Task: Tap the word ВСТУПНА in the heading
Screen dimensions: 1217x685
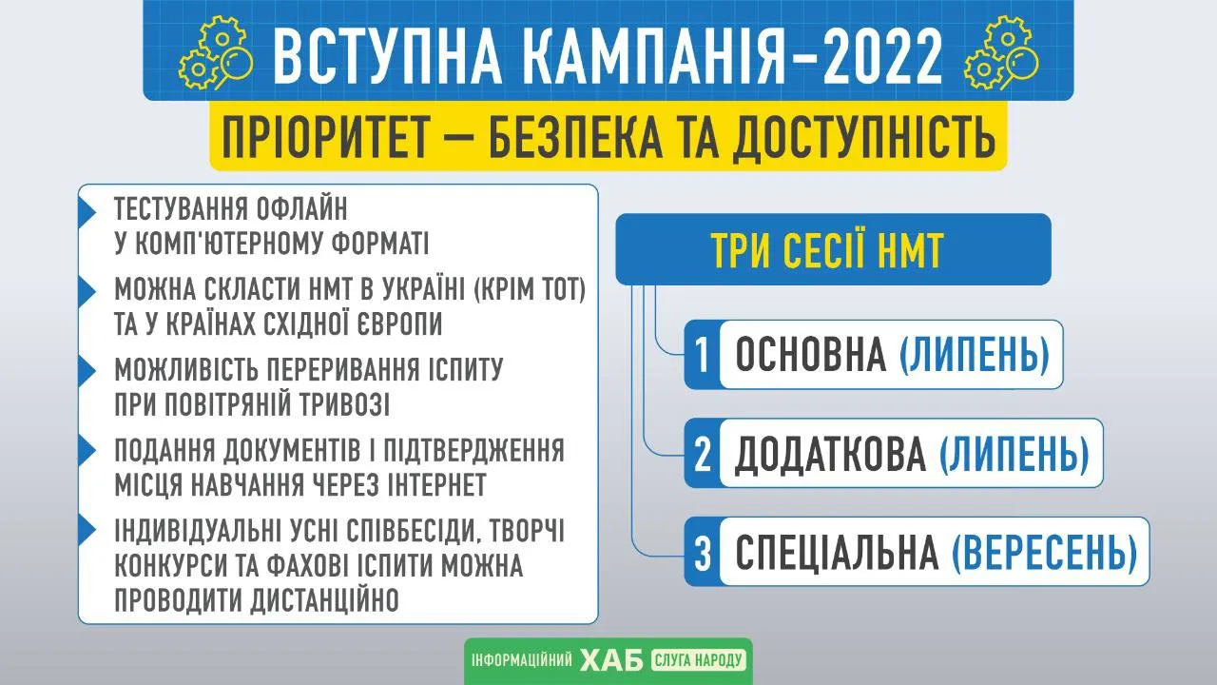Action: pyautogui.click(x=387, y=55)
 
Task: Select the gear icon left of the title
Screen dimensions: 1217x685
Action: pyautogui.click(x=216, y=53)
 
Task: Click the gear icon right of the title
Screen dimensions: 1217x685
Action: pyautogui.click(x=1001, y=53)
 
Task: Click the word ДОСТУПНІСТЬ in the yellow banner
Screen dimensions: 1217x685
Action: pyautogui.click(x=863, y=137)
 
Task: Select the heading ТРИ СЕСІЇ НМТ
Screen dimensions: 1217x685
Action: pyautogui.click(x=827, y=250)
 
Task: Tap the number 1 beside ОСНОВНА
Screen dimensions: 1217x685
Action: pyautogui.click(x=703, y=355)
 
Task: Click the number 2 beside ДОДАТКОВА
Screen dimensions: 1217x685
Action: pyautogui.click(x=703, y=454)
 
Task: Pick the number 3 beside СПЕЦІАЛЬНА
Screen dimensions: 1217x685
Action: pyautogui.click(x=703, y=553)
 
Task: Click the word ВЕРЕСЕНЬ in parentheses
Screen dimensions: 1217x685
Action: pyautogui.click(x=1044, y=553)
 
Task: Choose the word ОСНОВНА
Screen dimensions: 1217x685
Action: pyautogui.click(x=811, y=355)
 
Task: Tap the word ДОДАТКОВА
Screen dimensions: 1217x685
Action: pyautogui.click(x=830, y=455)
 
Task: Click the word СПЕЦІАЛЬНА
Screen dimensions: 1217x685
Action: pyautogui.click(x=838, y=553)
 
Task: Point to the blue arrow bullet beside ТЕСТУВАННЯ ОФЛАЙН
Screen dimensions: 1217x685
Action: pyautogui.click(x=87, y=211)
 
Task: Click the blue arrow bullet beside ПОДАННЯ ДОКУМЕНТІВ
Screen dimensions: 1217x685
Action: pyautogui.click(x=87, y=451)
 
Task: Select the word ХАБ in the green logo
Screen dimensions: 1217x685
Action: pyautogui.click(x=611, y=660)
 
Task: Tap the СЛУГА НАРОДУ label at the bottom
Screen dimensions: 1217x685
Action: pyautogui.click(x=698, y=660)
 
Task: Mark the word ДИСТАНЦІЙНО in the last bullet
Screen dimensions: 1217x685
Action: pyautogui.click(x=325, y=599)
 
